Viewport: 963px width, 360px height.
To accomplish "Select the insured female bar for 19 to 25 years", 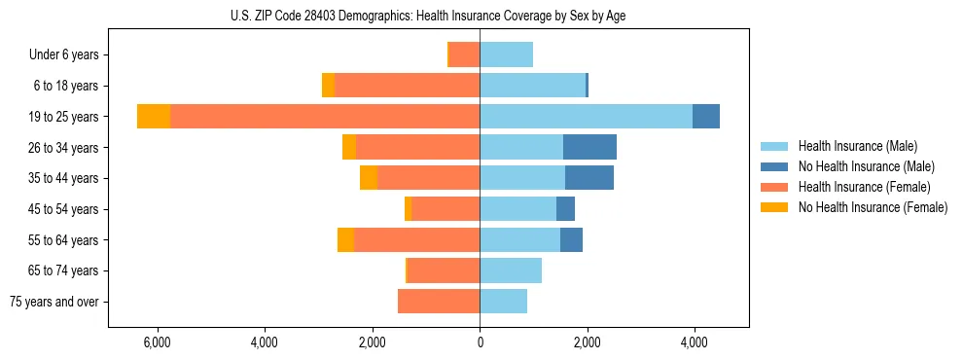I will pyautogui.click(x=325, y=117).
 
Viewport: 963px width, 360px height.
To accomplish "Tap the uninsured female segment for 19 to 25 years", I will pyautogui.click(x=154, y=117).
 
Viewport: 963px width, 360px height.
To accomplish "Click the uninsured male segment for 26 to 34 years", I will pyautogui.click(x=589, y=147).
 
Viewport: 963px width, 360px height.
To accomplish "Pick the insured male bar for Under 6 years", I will pyautogui.click(x=506, y=54).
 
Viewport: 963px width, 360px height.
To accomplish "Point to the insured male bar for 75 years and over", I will pyautogui.click(x=503, y=302).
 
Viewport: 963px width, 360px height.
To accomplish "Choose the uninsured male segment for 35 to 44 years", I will pyautogui.click(x=589, y=178).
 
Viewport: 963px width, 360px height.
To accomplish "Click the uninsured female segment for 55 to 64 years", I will pyautogui.click(x=345, y=240).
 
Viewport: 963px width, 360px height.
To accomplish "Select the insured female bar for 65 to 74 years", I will pyautogui.click(x=444, y=270).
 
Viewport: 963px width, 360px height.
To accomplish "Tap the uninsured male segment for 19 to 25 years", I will pyautogui.click(x=706, y=117).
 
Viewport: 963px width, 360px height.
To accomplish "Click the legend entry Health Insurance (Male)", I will pyautogui.click(x=857, y=146).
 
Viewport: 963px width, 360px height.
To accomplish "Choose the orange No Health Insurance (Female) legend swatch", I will pyautogui.click(x=774, y=207).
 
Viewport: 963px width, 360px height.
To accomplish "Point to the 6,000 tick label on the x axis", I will pyautogui.click(x=157, y=342).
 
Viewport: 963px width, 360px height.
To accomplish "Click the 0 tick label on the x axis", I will pyautogui.click(x=480, y=342).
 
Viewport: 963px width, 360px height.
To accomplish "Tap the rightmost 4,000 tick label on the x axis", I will pyautogui.click(x=694, y=342).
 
